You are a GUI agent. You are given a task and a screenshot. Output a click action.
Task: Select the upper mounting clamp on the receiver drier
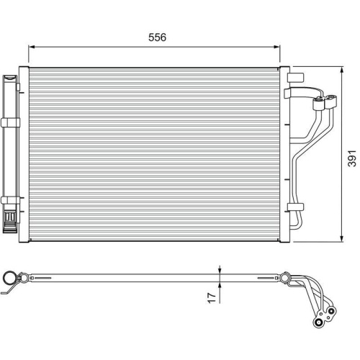(10, 124)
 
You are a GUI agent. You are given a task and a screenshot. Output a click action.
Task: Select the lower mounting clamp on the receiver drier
(10, 200)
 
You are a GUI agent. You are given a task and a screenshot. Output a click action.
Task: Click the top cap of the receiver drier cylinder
(10, 76)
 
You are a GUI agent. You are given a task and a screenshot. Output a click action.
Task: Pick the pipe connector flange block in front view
(325, 106)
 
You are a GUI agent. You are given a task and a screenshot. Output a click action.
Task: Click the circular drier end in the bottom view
(9, 278)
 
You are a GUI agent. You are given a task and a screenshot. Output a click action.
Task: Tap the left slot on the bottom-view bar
(43, 278)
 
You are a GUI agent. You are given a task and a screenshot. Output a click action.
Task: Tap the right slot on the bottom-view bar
(263, 278)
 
